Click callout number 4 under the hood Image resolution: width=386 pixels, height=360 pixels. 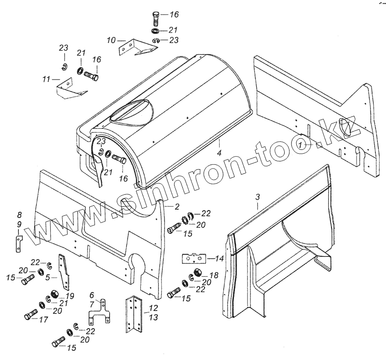click(x=219, y=153)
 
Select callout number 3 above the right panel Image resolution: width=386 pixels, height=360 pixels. click(x=257, y=197)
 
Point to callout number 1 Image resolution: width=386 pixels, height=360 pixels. click(x=300, y=145)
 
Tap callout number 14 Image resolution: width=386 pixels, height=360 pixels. click(x=220, y=259)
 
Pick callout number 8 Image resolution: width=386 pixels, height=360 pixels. click(x=19, y=214)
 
